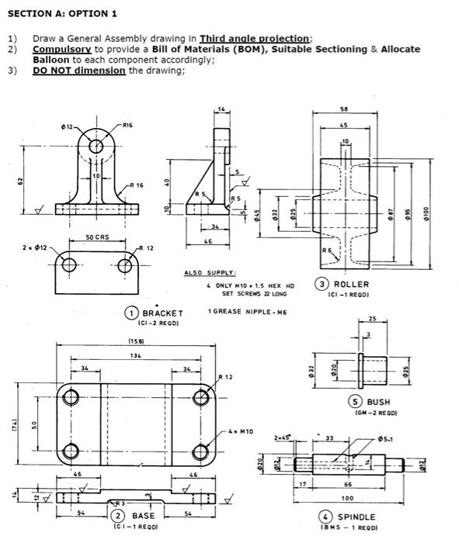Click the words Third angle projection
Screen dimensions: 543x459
255,39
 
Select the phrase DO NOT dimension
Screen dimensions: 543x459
78,70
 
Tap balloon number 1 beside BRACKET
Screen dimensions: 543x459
133,313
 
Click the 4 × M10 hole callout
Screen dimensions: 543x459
242,430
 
